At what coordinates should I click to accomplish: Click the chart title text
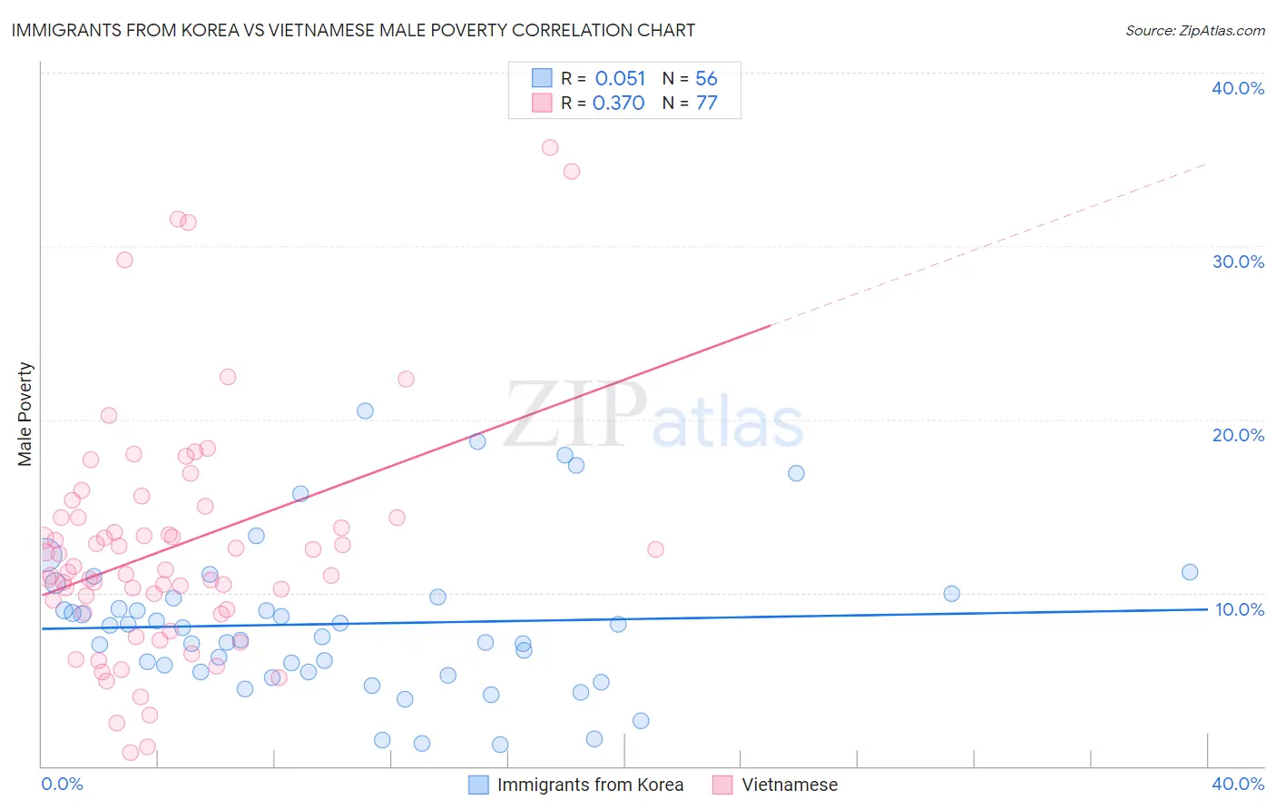point(353,30)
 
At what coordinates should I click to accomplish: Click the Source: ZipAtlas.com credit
point(1194,31)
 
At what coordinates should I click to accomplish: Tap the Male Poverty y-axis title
point(25,414)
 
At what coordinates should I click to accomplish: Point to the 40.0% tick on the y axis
point(1238,88)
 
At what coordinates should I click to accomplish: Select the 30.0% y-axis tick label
point(1238,262)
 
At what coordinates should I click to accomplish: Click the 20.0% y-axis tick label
point(1238,435)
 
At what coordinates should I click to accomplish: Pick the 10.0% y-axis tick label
point(1239,609)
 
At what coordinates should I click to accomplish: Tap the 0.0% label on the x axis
point(62,784)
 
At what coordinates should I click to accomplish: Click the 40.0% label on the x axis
point(1238,784)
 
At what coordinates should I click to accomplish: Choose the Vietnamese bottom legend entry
point(790,785)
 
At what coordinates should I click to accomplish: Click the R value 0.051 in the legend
point(620,79)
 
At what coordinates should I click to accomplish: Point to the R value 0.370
point(618,104)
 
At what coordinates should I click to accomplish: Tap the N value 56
point(706,79)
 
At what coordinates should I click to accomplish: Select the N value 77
point(706,104)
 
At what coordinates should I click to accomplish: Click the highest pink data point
point(550,148)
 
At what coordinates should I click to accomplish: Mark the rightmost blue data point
point(1190,572)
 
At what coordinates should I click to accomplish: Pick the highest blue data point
point(365,410)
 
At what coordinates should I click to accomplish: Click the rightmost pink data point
point(655,549)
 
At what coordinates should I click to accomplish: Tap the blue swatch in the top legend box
point(542,78)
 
